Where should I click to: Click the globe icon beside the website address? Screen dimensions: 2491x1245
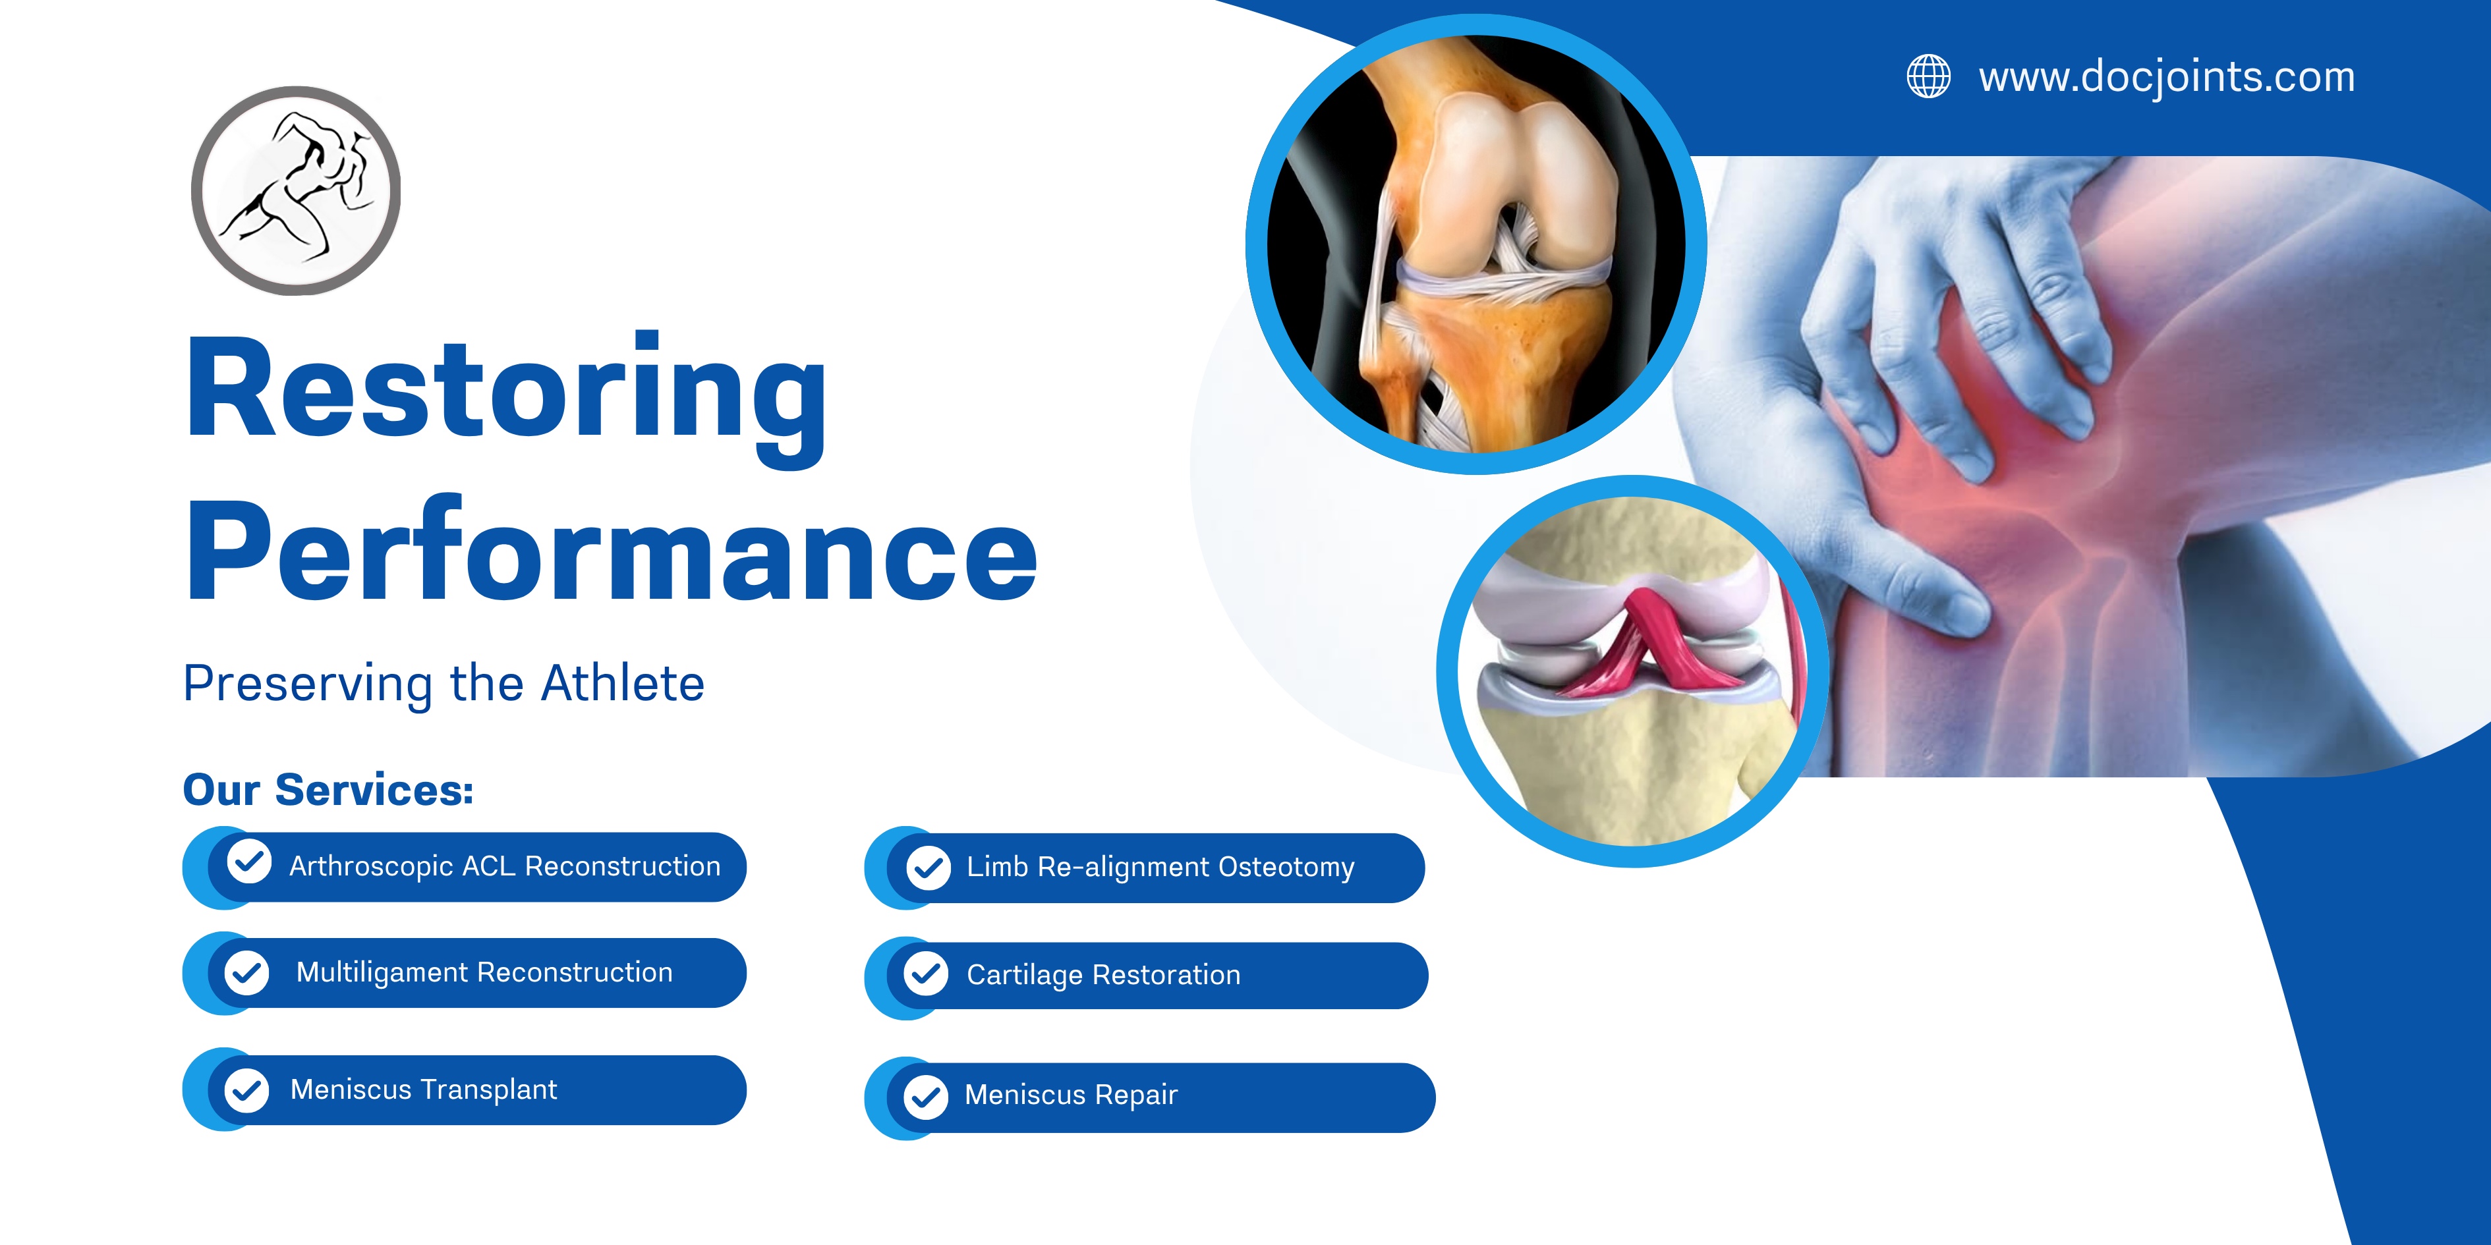[x=1928, y=76]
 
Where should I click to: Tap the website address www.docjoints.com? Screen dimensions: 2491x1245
[x=2167, y=77]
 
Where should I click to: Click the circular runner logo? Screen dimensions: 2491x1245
[x=296, y=190]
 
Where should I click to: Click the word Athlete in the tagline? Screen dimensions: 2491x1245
[x=623, y=683]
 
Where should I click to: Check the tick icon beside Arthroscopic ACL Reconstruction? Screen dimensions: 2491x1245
[x=248, y=861]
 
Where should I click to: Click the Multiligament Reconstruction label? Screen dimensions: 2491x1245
[x=484, y=972]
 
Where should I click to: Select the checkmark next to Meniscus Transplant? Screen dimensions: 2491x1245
[x=246, y=1090]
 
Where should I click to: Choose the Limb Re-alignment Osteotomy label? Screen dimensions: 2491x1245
[x=1160, y=867]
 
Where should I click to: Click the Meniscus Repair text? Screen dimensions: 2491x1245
[x=1072, y=1095]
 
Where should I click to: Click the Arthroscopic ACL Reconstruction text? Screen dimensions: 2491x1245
[x=505, y=866]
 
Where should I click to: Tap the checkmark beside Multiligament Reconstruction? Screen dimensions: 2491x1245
[x=246, y=972]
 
